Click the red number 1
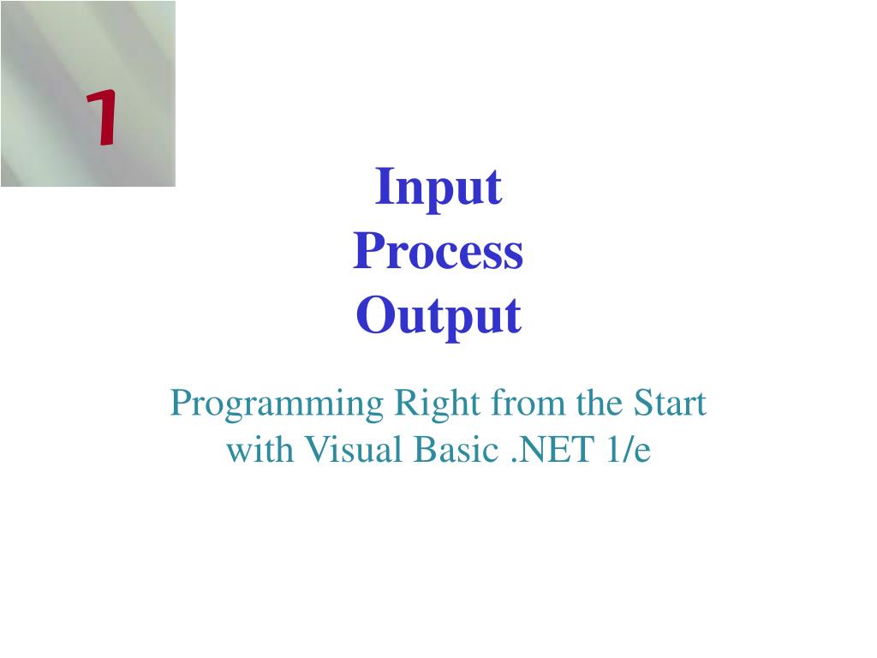coord(101,121)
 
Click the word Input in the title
coord(438,188)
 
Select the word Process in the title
coord(438,253)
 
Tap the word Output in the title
coord(438,317)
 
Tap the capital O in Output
coord(372,316)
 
